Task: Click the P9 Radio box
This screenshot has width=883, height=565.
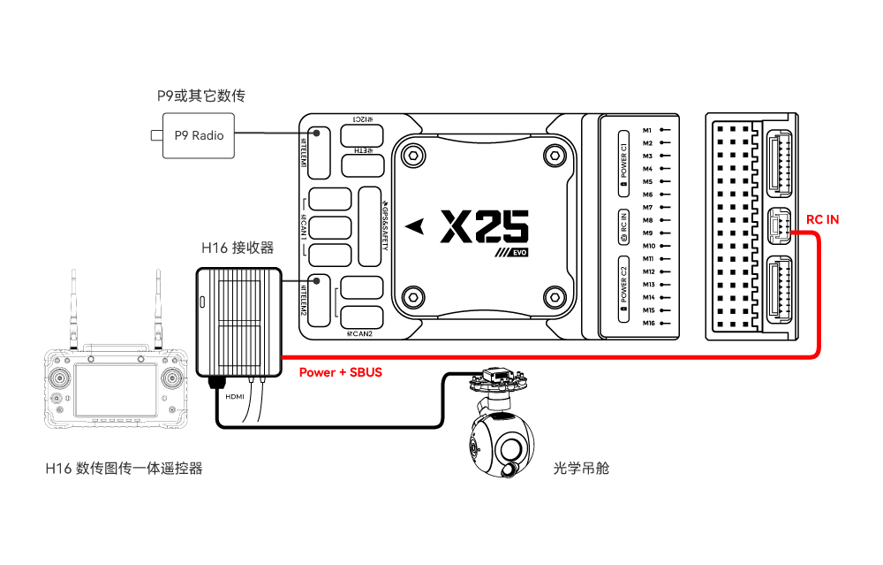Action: (x=198, y=136)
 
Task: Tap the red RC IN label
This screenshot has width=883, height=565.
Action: (x=822, y=219)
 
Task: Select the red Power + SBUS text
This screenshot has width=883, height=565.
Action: (x=340, y=372)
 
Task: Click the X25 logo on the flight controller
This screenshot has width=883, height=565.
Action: (x=484, y=227)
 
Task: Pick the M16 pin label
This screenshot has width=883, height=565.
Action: (x=649, y=324)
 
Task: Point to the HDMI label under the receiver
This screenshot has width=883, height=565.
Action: (x=235, y=396)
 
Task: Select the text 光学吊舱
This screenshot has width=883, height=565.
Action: (x=581, y=468)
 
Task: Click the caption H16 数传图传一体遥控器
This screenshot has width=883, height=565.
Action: (x=124, y=468)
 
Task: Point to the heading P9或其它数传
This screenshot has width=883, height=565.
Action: (x=200, y=96)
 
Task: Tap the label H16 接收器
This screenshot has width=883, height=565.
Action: (x=238, y=248)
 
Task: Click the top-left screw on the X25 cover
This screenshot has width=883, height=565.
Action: (x=411, y=156)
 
